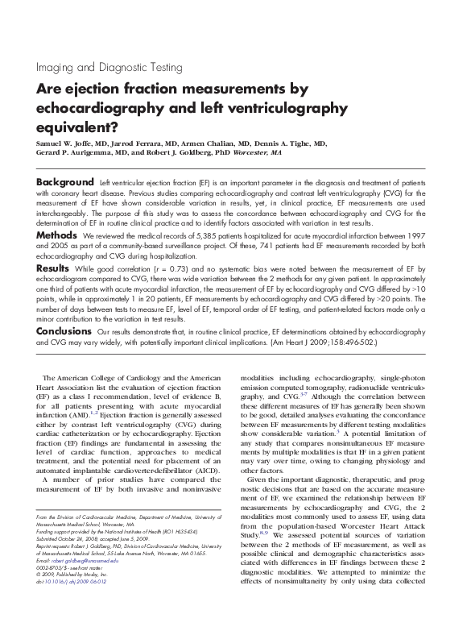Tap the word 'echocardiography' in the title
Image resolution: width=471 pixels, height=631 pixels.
(x=100, y=106)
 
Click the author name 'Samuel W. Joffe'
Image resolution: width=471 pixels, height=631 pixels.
(x=68, y=141)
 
